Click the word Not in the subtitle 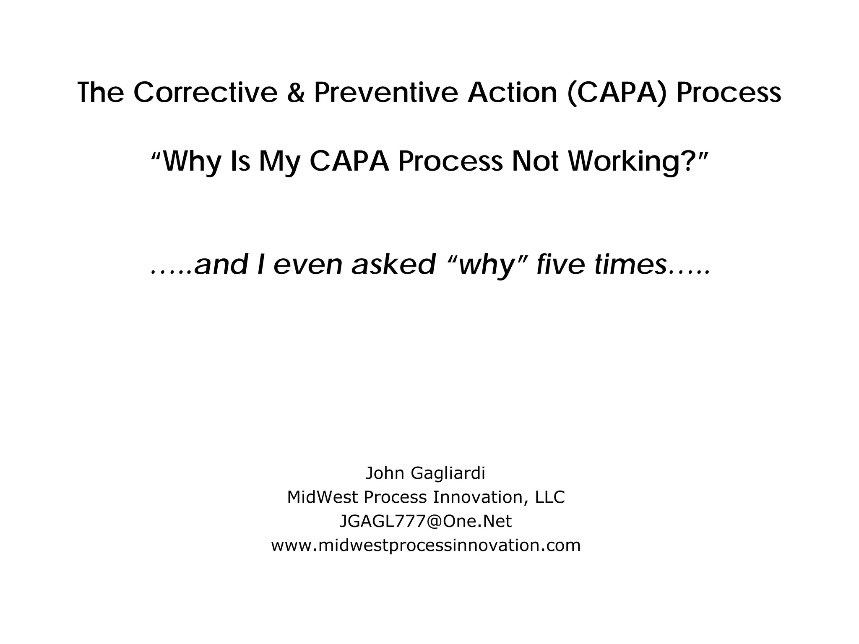pyautogui.click(x=536, y=161)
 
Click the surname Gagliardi pyautogui.click(x=448, y=473)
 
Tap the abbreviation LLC pyautogui.click(x=549, y=497)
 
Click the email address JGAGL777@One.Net pyautogui.click(x=425, y=522)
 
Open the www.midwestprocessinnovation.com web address pyautogui.click(x=426, y=545)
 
